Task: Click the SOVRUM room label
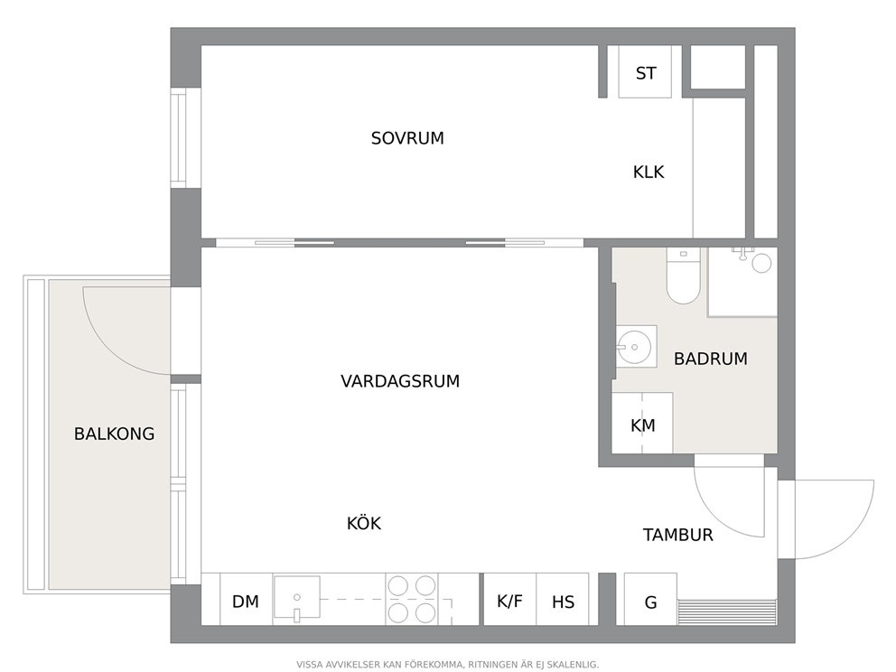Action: [407, 138]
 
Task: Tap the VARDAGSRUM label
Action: [400, 381]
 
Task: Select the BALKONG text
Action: [115, 434]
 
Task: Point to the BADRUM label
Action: [710, 359]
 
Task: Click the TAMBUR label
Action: [677, 535]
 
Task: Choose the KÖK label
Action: [364, 523]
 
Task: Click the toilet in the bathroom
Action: [684, 275]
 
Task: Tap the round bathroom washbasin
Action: [634, 347]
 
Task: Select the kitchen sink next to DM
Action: [296, 598]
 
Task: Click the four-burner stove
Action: [412, 599]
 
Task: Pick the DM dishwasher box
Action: [246, 599]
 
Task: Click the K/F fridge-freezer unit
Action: [509, 599]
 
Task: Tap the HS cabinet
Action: [563, 599]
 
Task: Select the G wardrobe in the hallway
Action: [650, 599]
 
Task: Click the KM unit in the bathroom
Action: [642, 423]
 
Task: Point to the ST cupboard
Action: [645, 71]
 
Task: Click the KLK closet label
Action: [649, 172]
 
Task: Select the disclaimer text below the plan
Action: [447, 665]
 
